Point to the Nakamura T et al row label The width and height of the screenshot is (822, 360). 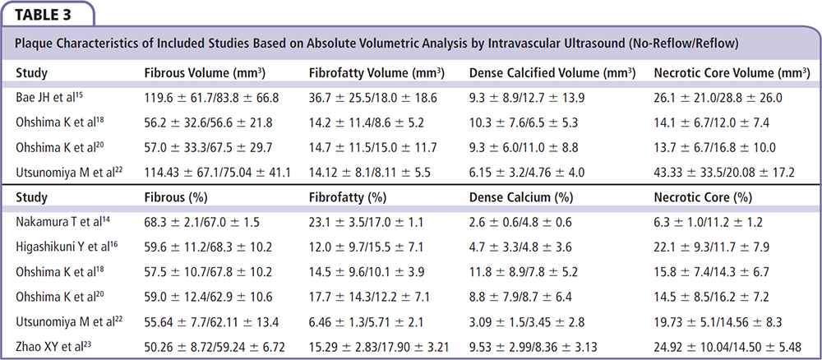click(x=58, y=222)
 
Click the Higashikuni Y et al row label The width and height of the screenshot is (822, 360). click(x=64, y=247)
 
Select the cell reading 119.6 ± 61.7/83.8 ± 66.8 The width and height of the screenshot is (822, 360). click(x=211, y=97)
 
